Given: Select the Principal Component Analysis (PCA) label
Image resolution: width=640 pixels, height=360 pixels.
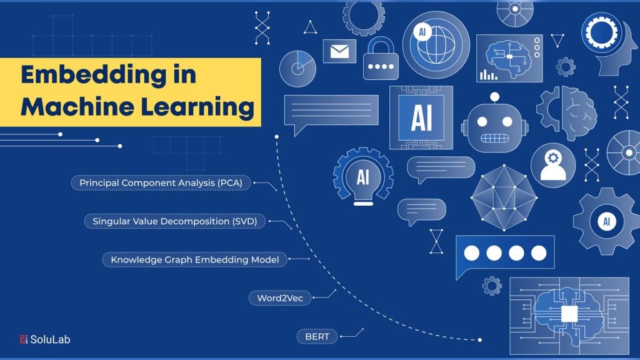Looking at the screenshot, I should click(161, 183).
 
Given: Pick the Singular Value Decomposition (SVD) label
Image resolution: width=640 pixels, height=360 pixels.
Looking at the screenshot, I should click(175, 221).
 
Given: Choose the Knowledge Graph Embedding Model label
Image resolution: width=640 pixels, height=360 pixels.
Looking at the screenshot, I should click(195, 259).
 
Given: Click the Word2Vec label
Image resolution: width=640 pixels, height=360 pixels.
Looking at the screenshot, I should click(280, 298).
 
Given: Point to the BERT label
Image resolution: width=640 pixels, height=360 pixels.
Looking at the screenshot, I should click(317, 337).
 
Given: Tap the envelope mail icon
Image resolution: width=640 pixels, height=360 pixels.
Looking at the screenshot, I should click(339, 51).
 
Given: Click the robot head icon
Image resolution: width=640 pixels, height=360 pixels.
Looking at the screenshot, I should click(494, 125).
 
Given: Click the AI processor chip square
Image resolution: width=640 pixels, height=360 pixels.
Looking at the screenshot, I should click(421, 117).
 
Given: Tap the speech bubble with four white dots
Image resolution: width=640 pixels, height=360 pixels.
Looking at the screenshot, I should click(505, 254).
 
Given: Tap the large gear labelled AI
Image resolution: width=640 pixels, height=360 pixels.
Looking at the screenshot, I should click(606, 221).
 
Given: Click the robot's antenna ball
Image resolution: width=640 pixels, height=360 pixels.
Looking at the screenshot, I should click(494, 96).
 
